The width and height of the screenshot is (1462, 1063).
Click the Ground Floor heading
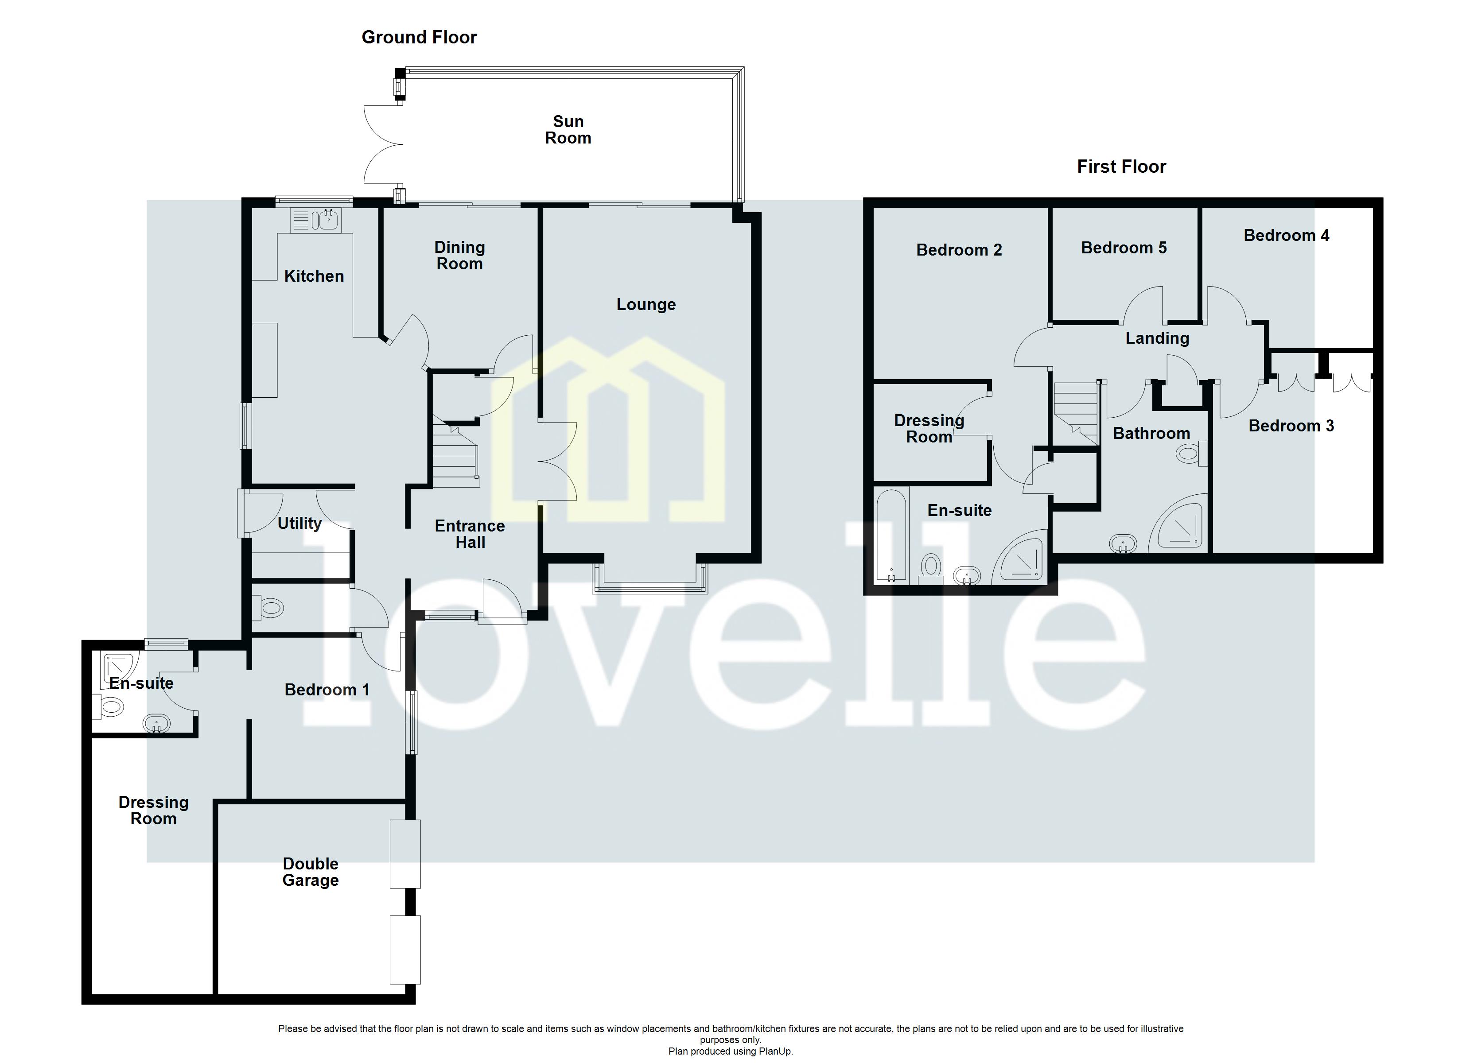[x=419, y=37]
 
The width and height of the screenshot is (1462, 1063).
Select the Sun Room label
[x=568, y=130]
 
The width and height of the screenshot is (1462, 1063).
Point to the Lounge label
[x=646, y=304]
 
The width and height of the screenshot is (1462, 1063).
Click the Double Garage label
[x=310, y=872]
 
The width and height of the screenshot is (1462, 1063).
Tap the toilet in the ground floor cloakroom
[x=269, y=607]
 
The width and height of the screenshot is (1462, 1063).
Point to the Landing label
[x=1157, y=338]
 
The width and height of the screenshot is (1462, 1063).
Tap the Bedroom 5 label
[x=1124, y=248]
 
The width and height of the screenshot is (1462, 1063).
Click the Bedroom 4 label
[x=1286, y=235]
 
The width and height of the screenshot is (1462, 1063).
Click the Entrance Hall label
[x=470, y=534]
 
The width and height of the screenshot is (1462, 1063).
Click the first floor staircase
[x=1075, y=412]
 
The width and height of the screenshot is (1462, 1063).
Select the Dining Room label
[x=459, y=255]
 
